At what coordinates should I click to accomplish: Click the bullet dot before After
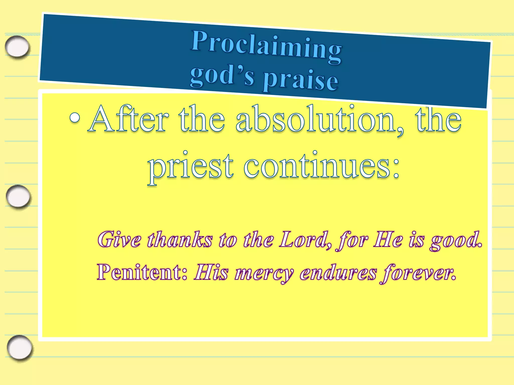coord(75,118)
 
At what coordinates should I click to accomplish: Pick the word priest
coord(191,167)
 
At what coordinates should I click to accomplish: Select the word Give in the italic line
coord(119,239)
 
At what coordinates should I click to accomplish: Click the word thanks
coord(180,239)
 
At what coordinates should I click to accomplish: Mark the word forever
coord(418,273)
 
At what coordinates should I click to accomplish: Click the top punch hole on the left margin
coord(17,47)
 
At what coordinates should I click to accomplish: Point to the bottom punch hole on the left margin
coord(20,347)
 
